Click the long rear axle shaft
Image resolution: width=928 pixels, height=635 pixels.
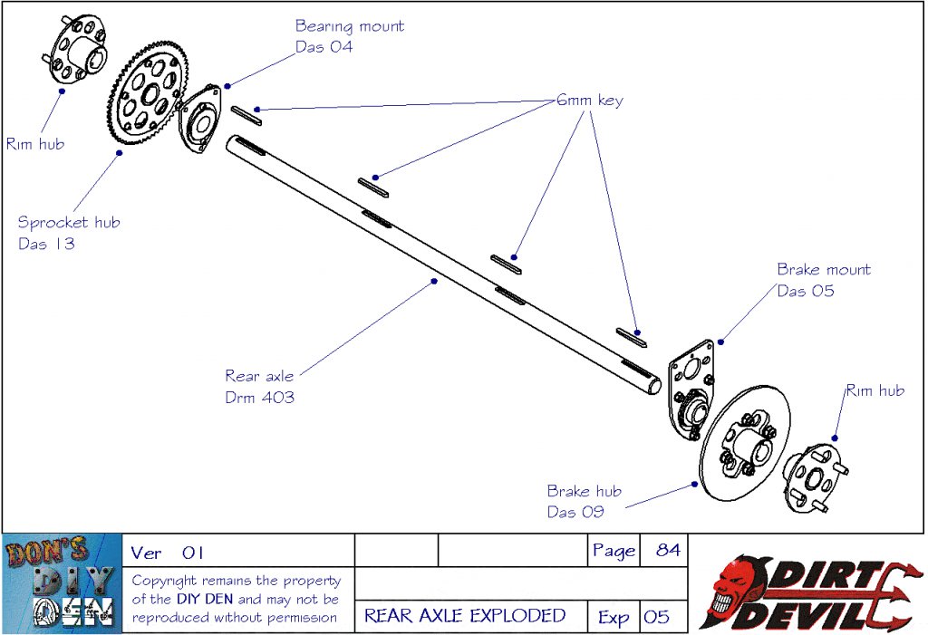[435, 263]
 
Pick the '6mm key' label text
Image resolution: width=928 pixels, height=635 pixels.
[589, 101]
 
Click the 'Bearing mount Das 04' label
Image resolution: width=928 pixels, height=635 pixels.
[349, 36]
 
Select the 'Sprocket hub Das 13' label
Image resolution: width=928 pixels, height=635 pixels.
[68, 233]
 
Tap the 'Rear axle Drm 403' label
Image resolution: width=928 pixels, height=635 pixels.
[259, 386]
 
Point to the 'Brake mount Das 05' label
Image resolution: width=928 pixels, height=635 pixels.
[823, 280]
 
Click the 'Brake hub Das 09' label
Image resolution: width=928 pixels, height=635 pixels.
[584, 501]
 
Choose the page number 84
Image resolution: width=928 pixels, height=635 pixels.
[667, 550]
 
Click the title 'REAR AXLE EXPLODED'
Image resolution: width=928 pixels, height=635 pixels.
[465, 616]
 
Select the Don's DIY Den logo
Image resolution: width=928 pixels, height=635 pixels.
[62, 583]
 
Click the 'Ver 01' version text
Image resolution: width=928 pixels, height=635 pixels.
[168, 553]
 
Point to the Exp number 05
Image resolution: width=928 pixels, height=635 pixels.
[656, 617]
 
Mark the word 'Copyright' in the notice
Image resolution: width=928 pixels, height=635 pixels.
[164, 581]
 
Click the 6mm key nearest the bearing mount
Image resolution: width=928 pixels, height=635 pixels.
[246, 114]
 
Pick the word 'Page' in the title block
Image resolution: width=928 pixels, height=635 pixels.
[614, 551]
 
